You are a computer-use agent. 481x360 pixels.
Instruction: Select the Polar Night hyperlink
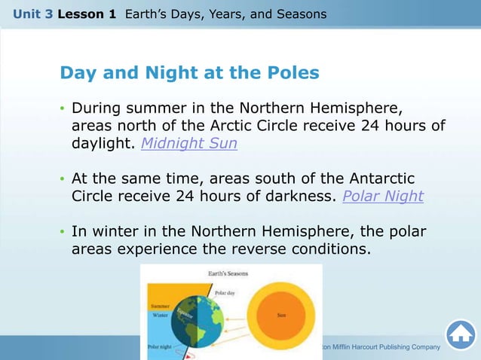pos(382,197)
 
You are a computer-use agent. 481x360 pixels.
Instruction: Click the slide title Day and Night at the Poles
pos(189,73)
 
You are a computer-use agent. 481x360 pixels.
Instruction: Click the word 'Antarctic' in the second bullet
pos(378,178)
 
